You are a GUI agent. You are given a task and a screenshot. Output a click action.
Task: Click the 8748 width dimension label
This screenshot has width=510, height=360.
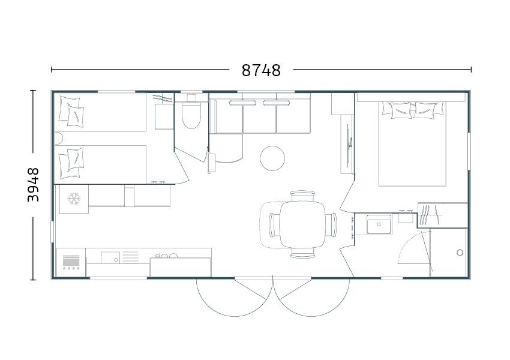pos(261,70)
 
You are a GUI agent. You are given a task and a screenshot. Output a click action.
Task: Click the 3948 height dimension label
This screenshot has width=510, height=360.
pos(33,185)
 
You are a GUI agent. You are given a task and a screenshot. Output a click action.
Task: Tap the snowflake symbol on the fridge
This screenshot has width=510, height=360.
pos(74,199)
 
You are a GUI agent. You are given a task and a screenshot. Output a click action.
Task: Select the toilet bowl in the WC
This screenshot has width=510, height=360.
pos(191,116)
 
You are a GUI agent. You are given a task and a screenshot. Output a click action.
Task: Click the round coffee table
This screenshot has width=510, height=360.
pos(272,158)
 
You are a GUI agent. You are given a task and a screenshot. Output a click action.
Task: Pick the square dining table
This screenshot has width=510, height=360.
pos(302,224)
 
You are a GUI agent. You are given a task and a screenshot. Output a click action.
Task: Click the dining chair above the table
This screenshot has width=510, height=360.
pos(302,196)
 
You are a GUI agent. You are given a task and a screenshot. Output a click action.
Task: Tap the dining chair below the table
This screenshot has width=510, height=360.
pos(302,253)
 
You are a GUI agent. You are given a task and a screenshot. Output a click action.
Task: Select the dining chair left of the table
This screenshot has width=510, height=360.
pos(274,225)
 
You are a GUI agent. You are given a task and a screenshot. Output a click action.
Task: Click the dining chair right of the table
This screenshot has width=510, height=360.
pos(331,225)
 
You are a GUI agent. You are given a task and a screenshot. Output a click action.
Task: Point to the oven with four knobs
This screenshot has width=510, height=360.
pos(71,262)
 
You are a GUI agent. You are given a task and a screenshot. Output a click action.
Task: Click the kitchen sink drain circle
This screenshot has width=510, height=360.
pos(116,260)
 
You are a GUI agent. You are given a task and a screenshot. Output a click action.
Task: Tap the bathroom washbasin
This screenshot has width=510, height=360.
pos(379,224)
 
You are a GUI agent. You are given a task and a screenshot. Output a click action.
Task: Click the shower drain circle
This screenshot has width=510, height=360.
pos(460,253)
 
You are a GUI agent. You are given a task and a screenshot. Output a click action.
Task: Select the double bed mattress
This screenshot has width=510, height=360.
pos(412,144)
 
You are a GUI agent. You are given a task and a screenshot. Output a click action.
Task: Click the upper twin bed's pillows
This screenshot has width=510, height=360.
pos(71,112)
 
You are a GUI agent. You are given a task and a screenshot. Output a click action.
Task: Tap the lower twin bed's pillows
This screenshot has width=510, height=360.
pos(71,164)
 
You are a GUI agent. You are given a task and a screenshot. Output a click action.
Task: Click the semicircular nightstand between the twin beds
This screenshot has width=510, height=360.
pos(59,139)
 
